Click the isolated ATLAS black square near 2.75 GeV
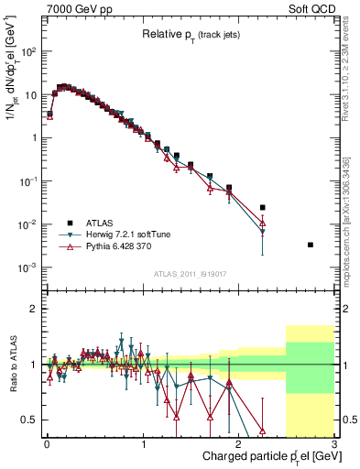(311, 245)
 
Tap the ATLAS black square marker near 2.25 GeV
(263, 208)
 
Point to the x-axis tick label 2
(238, 445)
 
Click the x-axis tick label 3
(334, 445)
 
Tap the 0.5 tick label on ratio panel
(30, 420)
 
